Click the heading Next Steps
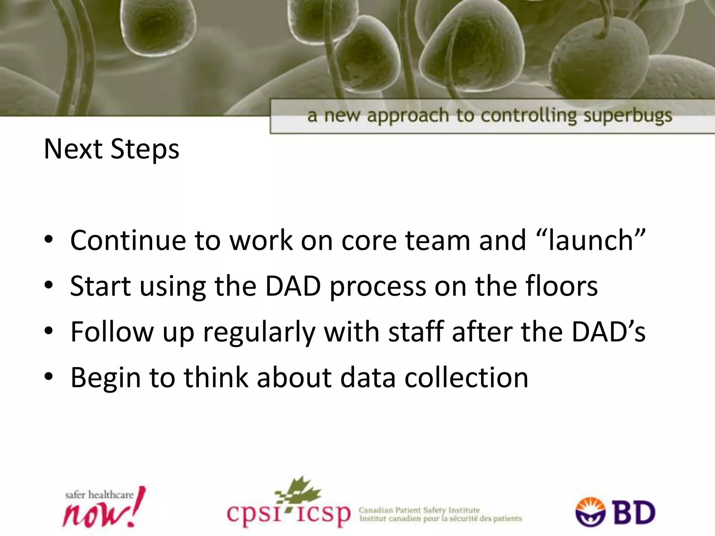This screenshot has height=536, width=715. pos(111,149)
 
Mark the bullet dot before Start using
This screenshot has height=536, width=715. pos(49,286)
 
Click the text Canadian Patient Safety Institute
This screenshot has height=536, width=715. pos(419,511)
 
